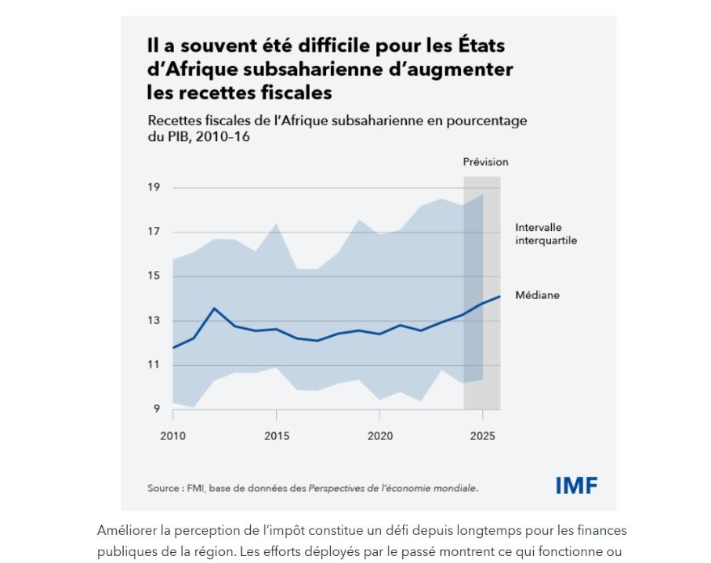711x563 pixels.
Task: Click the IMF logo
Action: [x=576, y=485]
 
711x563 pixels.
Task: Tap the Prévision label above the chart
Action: [x=486, y=162]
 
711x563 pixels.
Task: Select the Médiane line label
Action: [x=537, y=295]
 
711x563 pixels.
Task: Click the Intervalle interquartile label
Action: [x=546, y=233]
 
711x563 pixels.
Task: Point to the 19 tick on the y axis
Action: [x=153, y=187]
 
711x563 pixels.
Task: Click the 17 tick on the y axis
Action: [x=153, y=232]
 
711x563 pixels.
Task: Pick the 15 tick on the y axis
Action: [x=153, y=276]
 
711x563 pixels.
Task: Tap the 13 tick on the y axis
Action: [x=153, y=320]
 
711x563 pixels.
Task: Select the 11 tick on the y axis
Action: [x=153, y=365]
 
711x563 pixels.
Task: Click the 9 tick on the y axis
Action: [x=155, y=409]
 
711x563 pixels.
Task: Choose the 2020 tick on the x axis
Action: [x=380, y=434]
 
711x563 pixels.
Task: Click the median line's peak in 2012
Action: [x=214, y=308]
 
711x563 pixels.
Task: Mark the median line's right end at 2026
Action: [x=500, y=296]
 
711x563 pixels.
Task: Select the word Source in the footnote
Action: [x=163, y=488]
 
